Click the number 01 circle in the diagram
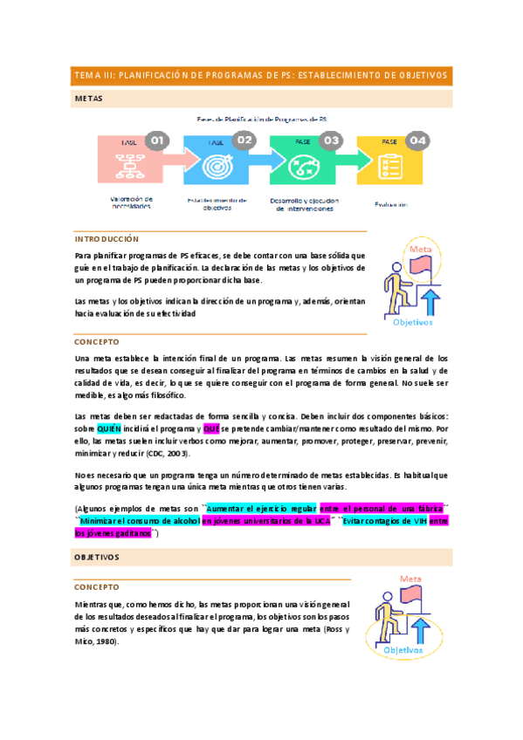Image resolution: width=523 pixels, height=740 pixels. pos(156,140)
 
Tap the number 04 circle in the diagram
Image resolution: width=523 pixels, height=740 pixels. pos(418,140)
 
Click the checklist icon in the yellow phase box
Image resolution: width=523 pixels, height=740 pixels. pos(390,166)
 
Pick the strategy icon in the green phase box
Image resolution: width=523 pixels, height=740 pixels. pos(302,166)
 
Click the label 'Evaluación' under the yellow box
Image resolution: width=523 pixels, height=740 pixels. pos(392,204)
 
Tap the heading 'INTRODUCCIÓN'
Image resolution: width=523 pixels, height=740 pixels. pos(107,238)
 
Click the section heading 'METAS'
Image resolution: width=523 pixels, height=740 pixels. pos(88,99)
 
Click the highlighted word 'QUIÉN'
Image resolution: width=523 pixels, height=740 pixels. pos(109,429)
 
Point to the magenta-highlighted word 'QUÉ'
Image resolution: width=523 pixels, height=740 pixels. pos(210,429)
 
